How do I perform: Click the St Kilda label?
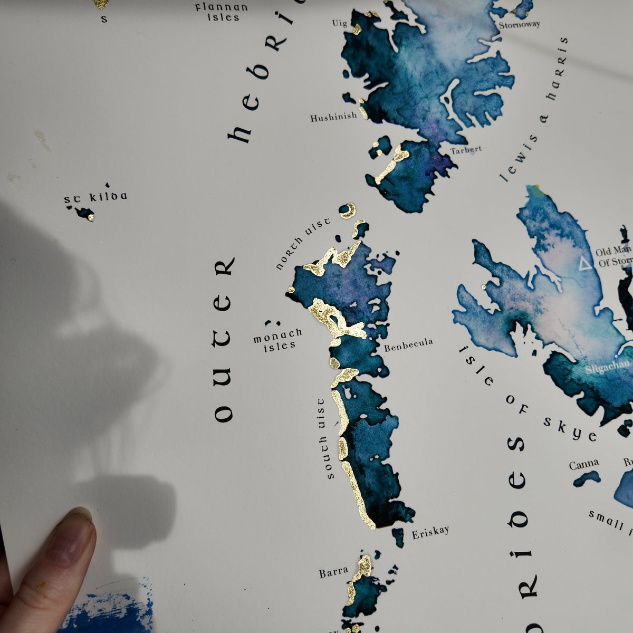coord(95,198)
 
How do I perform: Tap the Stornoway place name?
coord(519,25)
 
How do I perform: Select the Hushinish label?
coord(333,117)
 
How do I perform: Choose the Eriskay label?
coord(430,531)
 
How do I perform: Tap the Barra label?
coord(333,571)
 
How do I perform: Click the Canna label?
coord(584,464)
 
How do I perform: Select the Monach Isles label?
coord(277,339)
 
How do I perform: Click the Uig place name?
coord(339,23)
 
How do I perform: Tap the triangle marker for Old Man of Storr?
coord(584,263)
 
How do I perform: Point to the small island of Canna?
coord(587,478)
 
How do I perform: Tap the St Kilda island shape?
coord(84,213)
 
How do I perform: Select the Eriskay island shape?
coord(398,536)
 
